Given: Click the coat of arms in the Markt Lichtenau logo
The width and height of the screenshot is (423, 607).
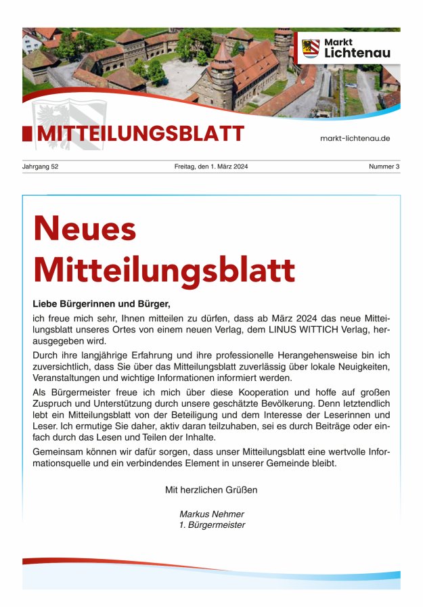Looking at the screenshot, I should tap(311, 48).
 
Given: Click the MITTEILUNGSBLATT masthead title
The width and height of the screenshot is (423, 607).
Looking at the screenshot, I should tap(140, 134).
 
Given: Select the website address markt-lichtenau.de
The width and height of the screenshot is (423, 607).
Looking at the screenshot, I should tap(355, 138).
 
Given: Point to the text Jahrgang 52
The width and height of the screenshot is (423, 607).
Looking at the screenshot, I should tap(41, 166).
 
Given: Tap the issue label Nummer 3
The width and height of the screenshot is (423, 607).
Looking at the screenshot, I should tap(384, 166).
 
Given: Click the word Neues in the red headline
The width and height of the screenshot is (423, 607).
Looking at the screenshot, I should tap(85, 229).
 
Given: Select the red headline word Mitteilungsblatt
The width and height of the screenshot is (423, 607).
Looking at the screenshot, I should tap(164, 270).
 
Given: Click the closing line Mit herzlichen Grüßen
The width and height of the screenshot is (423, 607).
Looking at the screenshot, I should tap(211, 489).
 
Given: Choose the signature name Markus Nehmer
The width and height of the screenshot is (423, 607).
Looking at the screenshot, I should tap(211, 514).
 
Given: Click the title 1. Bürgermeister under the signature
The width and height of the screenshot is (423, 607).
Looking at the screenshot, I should tap(211, 524).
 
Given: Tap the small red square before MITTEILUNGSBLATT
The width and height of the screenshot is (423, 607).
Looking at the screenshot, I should tap(26, 134).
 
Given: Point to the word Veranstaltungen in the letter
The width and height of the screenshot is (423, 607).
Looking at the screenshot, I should tap(72, 378).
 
